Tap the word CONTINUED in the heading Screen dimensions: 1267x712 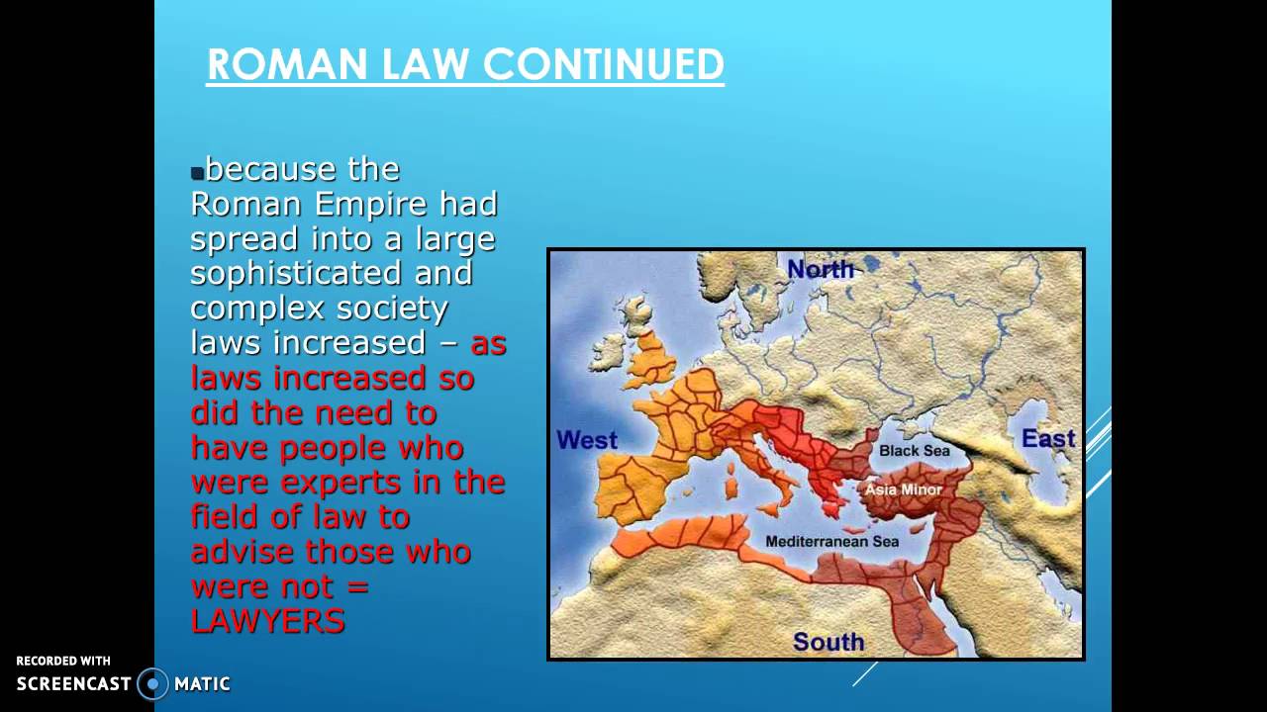(x=604, y=64)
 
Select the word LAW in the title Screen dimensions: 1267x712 (x=426, y=64)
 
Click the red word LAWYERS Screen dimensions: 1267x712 (x=267, y=621)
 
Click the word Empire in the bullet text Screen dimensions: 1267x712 (x=370, y=204)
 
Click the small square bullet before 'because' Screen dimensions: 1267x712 (x=197, y=173)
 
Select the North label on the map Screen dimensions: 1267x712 (x=821, y=269)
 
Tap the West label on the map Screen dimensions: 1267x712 (x=587, y=440)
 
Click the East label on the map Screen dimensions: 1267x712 (x=1048, y=438)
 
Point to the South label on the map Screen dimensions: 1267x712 (x=828, y=642)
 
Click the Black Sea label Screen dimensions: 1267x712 (x=914, y=450)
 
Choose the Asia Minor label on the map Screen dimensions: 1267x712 (x=904, y=489)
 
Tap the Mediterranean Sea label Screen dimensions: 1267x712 (x=831, y=541)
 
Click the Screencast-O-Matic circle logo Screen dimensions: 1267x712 (x=152, y=683)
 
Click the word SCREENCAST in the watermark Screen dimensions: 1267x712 (x=73, y=683)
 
